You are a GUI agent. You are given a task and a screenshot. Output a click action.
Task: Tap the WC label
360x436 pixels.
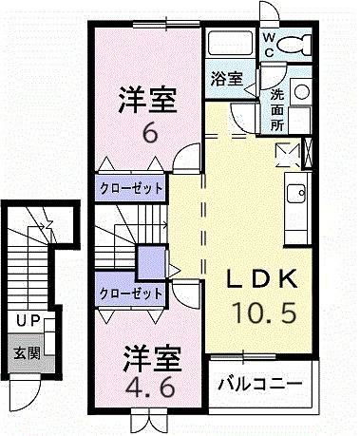[269, 43]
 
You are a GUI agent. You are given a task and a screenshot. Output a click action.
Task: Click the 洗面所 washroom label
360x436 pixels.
[275, 108]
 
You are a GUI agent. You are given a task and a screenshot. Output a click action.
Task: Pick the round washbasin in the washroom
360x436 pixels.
[301, 92]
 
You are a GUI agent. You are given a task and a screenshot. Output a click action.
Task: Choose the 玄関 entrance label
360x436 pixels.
[26, 353]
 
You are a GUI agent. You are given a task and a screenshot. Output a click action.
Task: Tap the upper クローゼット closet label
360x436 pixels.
[130, 187]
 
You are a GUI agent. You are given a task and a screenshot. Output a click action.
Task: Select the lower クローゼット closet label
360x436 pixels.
[130, 293]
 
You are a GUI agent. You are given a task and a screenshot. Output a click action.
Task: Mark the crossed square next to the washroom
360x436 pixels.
[285, 152]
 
